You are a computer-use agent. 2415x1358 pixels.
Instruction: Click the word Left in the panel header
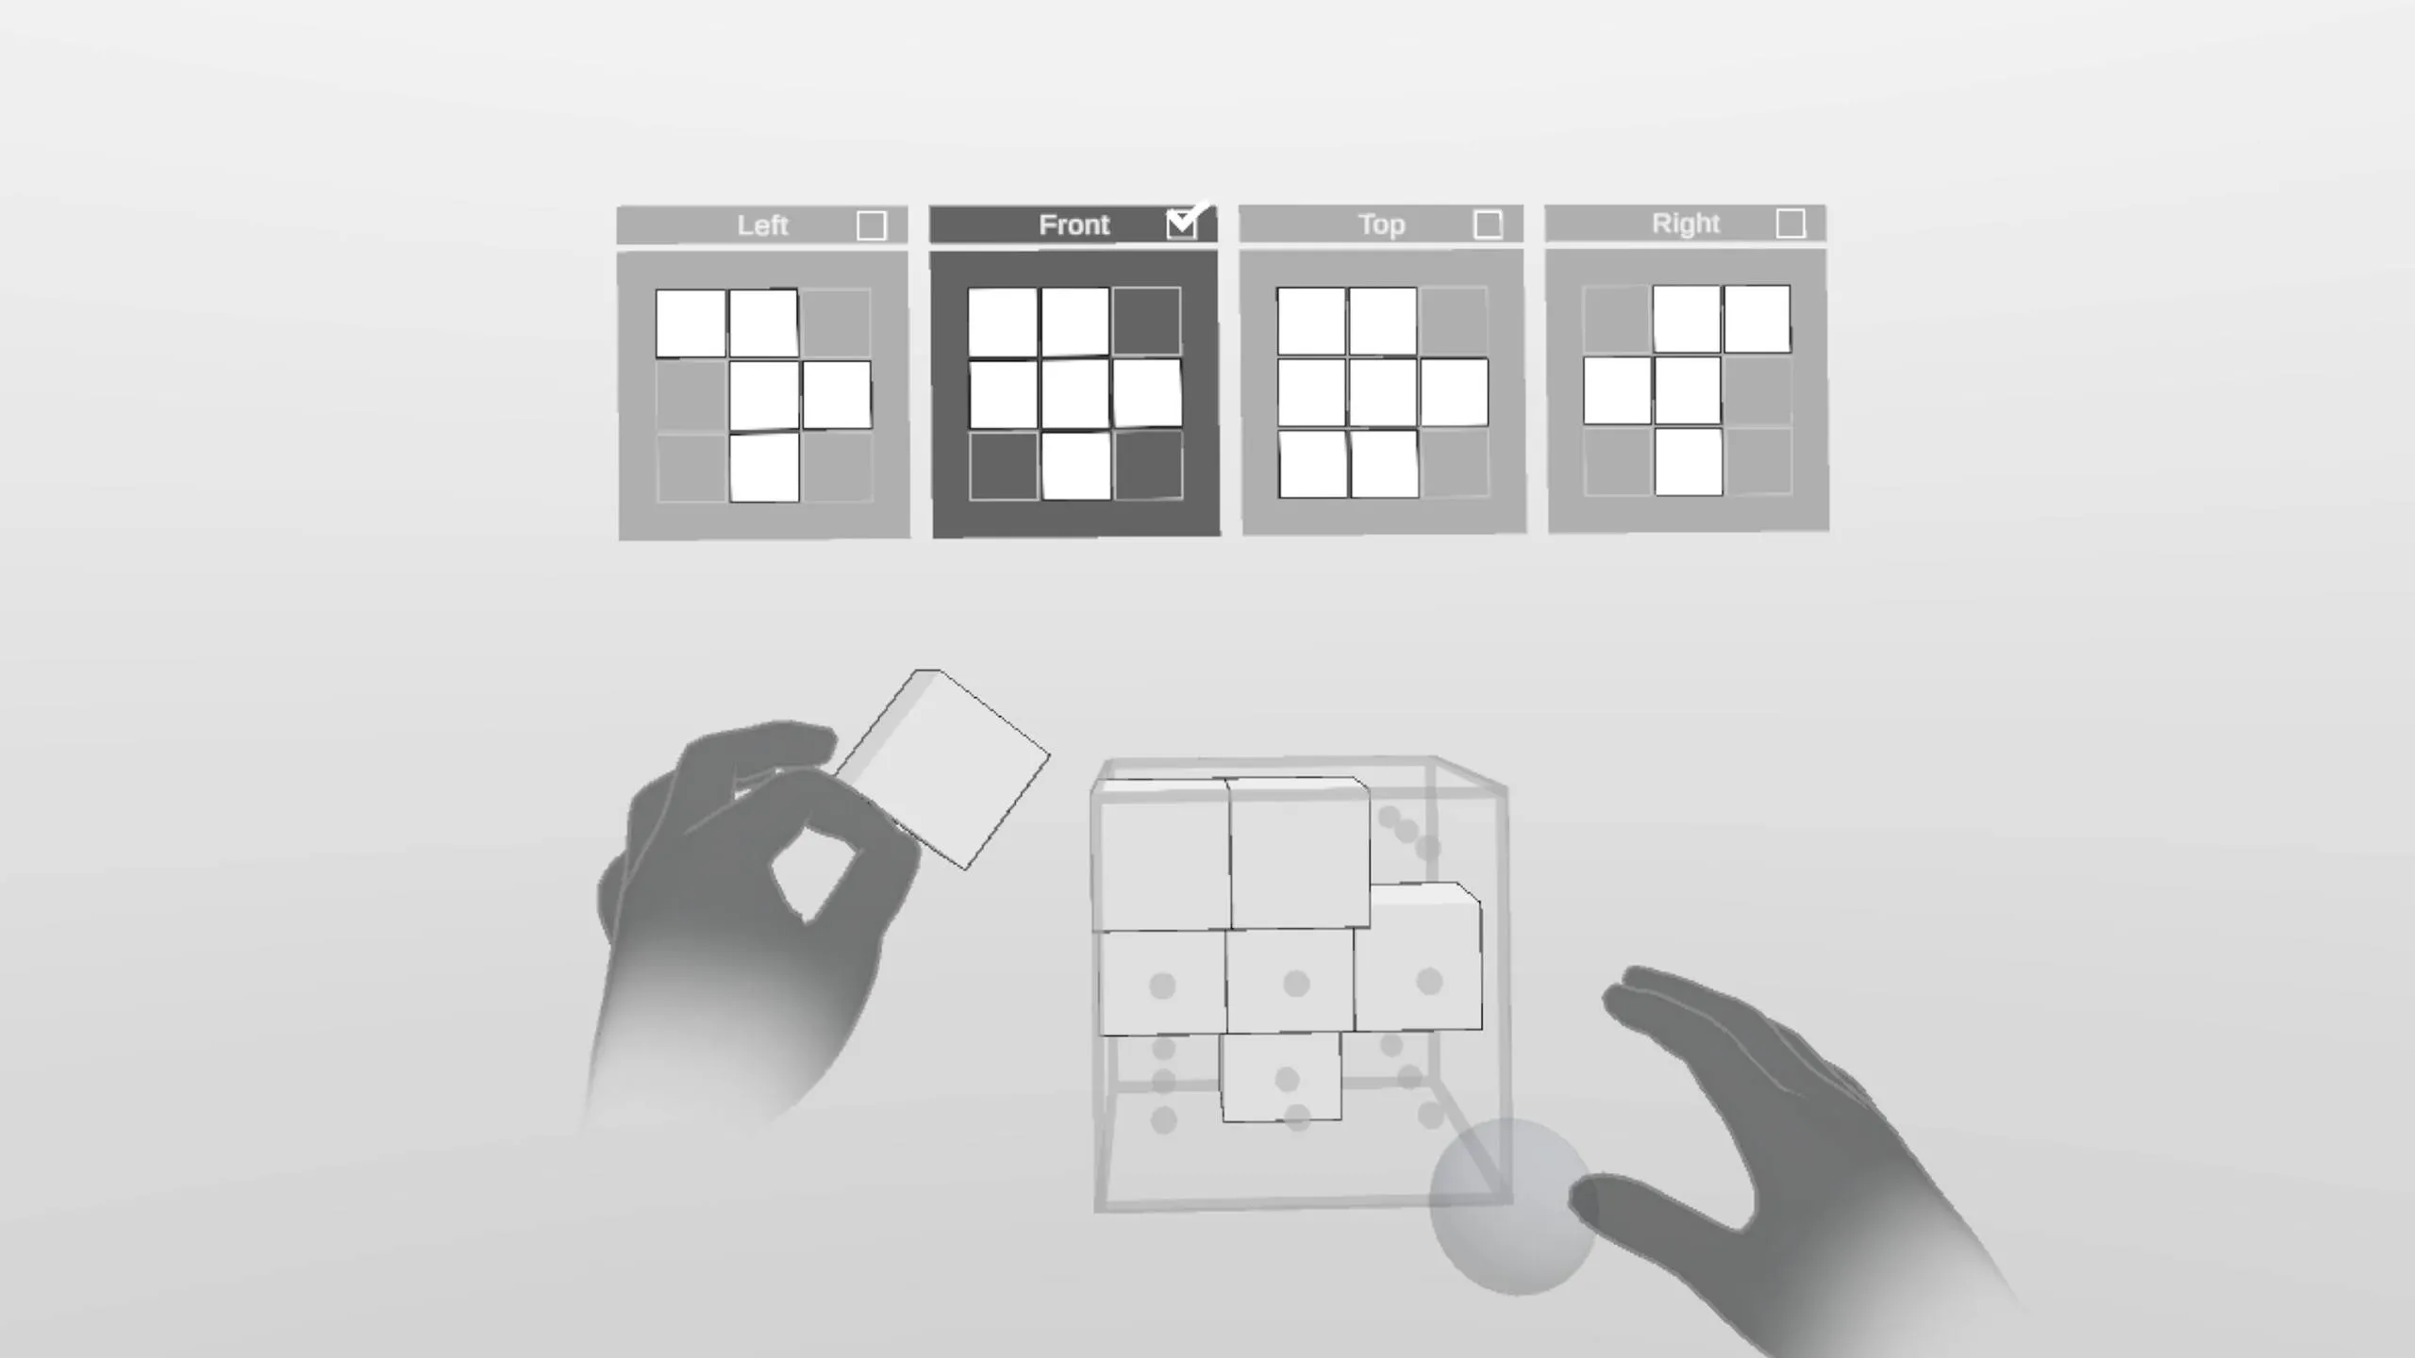point(762,225)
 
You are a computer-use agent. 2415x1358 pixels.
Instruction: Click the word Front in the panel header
point(1074,224)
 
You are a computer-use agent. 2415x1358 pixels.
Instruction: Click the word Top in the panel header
point(1381,224)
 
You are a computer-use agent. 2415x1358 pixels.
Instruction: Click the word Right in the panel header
point(1686,224)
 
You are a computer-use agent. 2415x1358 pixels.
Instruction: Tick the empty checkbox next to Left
point(872,225)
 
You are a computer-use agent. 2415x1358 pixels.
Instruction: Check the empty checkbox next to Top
point(1488,224)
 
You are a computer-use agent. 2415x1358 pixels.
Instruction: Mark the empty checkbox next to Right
point(1790,224)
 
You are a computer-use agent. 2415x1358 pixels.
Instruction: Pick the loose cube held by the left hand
point(943,769)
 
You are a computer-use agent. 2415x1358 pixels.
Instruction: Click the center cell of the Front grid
point(1074,393)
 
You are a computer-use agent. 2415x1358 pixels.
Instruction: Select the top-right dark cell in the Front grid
point(1146,322)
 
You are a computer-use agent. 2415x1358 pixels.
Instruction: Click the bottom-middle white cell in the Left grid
point(764,467)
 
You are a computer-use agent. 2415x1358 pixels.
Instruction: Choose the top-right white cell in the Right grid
point(1757,319)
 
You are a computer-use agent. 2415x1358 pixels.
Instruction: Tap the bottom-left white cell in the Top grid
point(1312,464)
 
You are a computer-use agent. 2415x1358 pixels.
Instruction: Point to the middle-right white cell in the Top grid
point(1454,391)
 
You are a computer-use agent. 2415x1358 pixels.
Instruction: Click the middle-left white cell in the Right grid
point(1617,390)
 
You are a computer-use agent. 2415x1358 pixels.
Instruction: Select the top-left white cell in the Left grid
point(691,323)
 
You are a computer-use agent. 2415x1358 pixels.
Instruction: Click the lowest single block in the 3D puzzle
point(1281,1077)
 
